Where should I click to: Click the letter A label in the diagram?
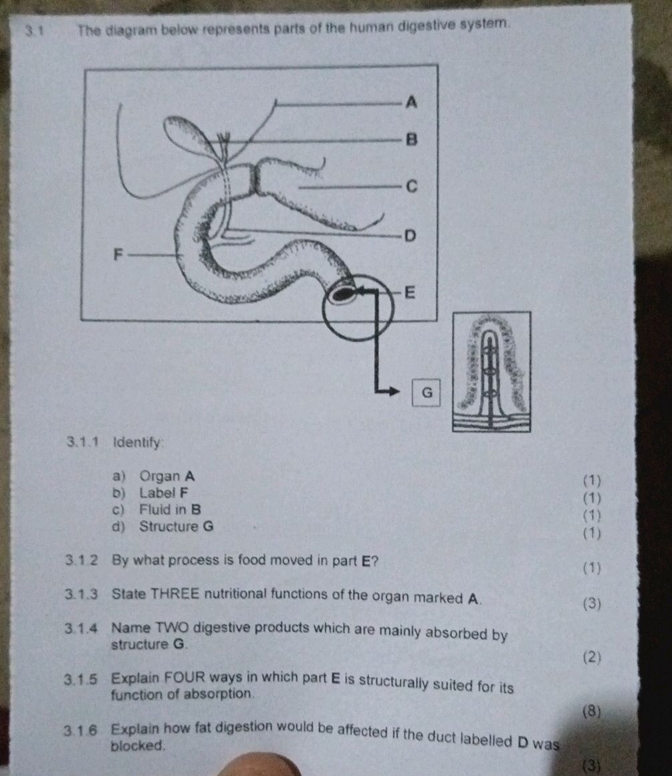click(412, 102)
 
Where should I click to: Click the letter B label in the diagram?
click(412, 140)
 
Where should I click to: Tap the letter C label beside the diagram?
click(412, 187)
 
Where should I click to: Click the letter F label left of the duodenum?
click(118, 254)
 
